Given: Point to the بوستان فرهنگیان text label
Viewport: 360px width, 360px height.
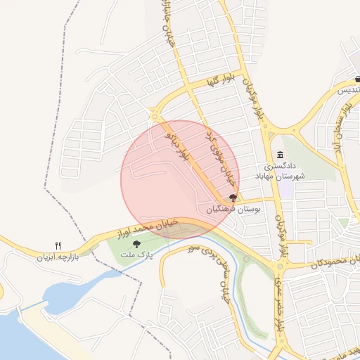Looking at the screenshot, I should point(234,210).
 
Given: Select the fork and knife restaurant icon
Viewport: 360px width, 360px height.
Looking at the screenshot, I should point(58,245).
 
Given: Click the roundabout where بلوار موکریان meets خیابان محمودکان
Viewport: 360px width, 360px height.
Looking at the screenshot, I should point(281,266).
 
